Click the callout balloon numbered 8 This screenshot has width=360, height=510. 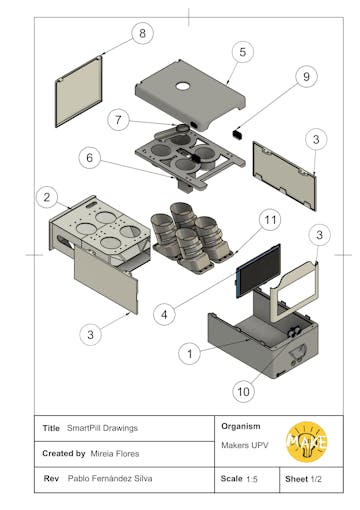142,33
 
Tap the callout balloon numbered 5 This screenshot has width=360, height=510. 242,52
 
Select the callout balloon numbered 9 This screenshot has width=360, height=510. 306,76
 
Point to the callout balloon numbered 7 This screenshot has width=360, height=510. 118,120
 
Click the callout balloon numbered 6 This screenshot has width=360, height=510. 90,158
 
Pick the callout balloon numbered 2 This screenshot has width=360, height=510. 47,197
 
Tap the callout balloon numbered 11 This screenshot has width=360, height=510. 270,220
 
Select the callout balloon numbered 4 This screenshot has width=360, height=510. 164,314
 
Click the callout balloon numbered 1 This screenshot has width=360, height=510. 190,353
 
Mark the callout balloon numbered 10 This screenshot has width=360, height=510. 243,391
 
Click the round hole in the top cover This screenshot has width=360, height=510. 183,86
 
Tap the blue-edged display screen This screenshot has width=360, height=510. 258,271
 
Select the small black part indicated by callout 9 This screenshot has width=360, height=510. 237,134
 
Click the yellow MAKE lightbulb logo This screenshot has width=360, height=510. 306,442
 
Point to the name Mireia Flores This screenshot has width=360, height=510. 115,454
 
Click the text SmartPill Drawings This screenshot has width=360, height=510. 102,428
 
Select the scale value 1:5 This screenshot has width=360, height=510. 252,479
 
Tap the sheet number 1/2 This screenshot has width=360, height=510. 316,479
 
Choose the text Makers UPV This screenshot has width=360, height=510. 245,445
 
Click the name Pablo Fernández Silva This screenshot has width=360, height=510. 110,479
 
